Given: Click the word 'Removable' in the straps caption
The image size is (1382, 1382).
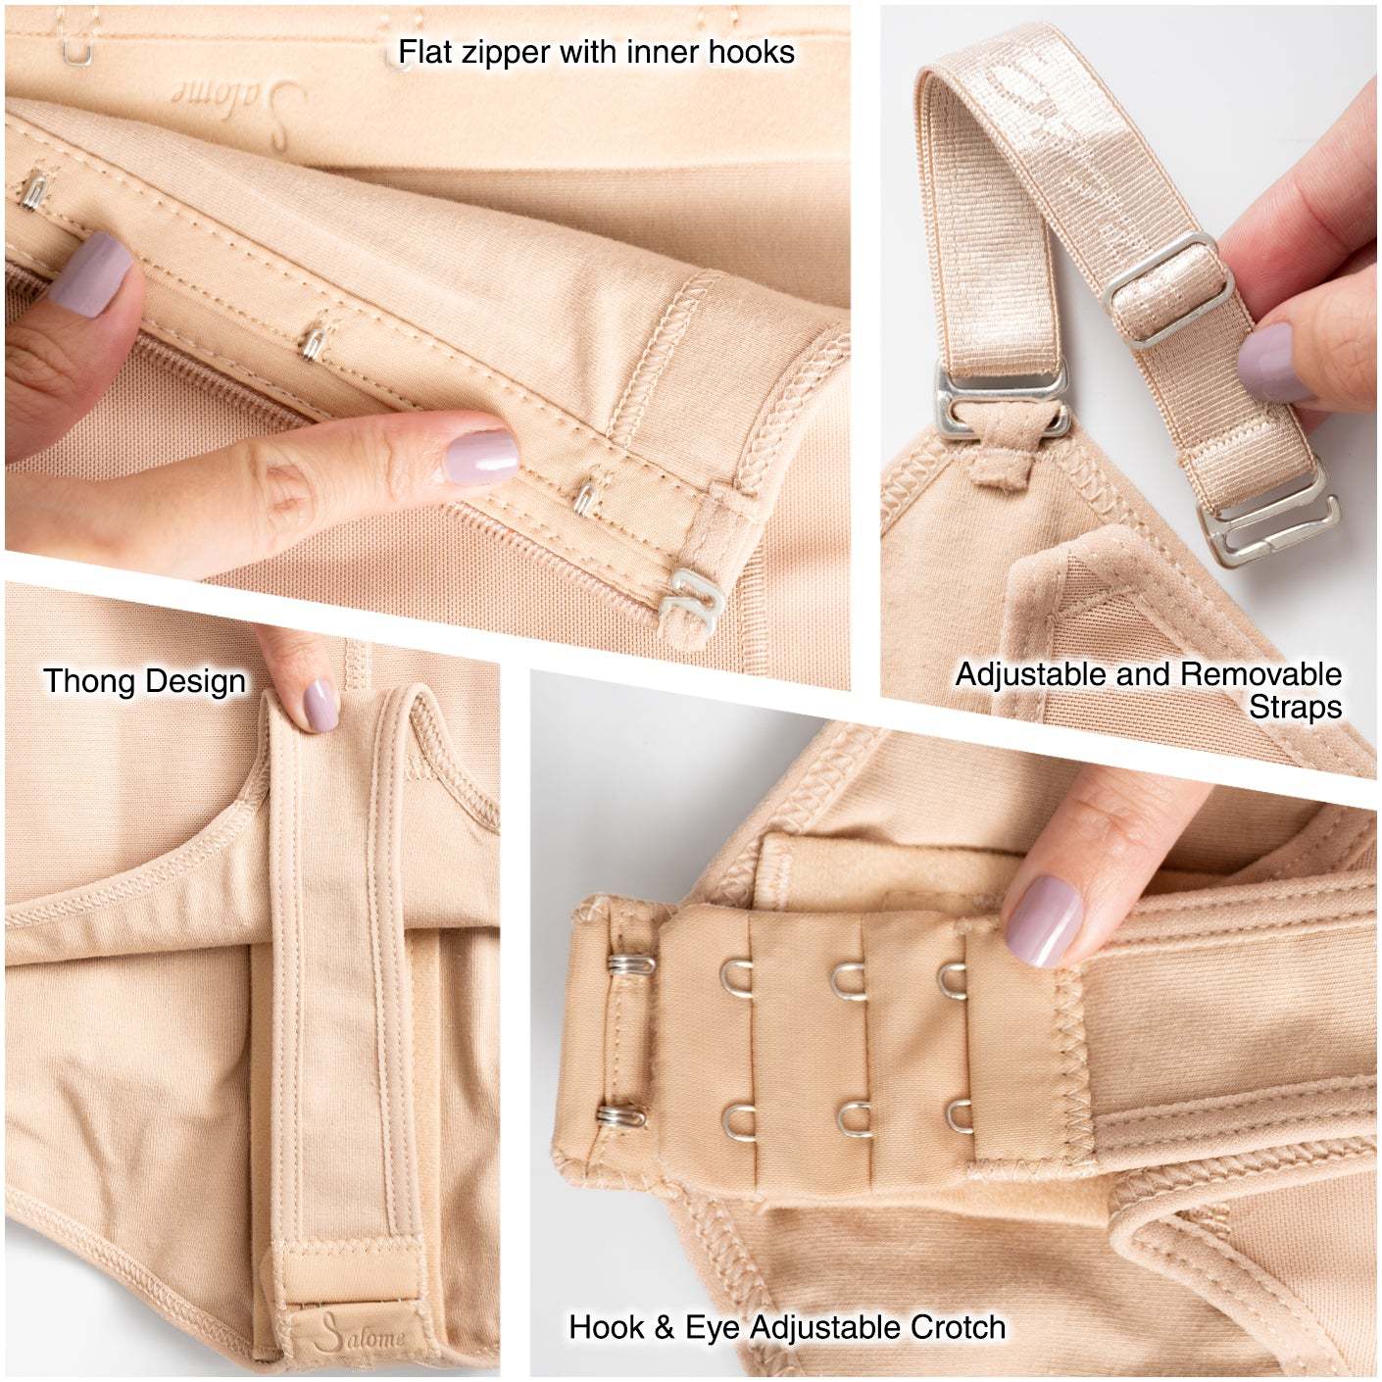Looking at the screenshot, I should pyautogui.click(x=1261, y=674).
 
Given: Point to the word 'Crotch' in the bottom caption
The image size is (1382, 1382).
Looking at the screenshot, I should pyautogui.click(x=958, y=1327).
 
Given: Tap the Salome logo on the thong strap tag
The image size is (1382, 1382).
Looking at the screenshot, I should pyautogui.click(x=362, y=1333).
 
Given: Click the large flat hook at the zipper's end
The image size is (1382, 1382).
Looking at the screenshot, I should pyautogui.click(x=690, y=599).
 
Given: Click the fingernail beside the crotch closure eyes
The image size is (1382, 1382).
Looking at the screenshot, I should pyautogui.click(x=1045, y=920).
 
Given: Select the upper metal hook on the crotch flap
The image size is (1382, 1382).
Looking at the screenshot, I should pyautogui.click(x=629, y=965).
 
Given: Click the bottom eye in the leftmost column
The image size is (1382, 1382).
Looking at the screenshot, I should pyautogui.click(x=738, y=1118).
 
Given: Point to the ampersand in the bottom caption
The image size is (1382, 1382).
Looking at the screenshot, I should pyautogui.click(x=665, y=1328).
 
